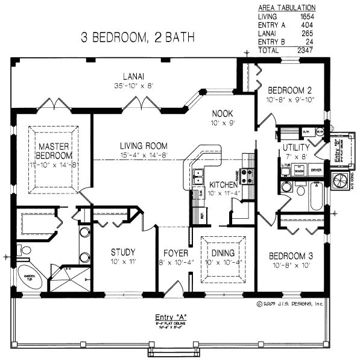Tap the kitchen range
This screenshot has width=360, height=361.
pos(247,176)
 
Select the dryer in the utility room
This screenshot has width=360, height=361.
pos(316,171)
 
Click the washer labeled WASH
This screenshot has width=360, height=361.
pos(299,171)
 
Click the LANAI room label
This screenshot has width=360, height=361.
pos(133,76)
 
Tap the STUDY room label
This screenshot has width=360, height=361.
pos(123,252)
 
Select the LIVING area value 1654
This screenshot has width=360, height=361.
pos(306,17)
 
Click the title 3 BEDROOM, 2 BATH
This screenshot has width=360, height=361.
pos(138,37)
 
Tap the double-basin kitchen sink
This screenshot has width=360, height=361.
pos(198,177)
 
